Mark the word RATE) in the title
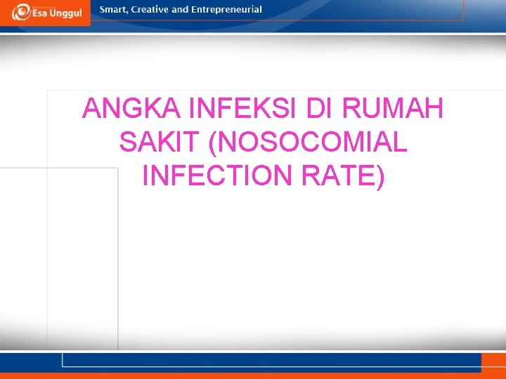(343, 175)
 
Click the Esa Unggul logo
(46, 12)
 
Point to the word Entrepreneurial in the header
(227, 10)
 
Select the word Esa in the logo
(39, 13)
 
